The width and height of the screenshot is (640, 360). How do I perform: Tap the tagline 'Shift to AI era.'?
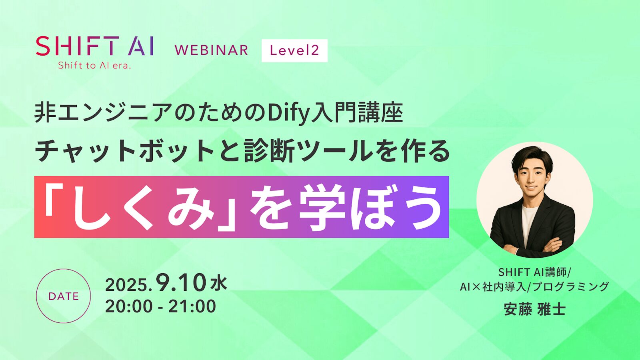pos(94,66)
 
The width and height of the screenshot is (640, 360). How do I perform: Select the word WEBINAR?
pos(211,50)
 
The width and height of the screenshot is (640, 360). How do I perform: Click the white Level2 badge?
pos(294,50)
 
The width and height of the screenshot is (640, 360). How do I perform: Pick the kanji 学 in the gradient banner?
pos(322,208)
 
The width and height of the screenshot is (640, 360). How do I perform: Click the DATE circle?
pos(63,296)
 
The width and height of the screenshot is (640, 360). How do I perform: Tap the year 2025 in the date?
pos(127,285)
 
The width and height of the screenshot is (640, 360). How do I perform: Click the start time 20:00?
pos(129,306)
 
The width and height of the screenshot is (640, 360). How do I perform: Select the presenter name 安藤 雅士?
pos(534,309)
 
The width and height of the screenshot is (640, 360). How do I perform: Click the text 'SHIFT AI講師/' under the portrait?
pos(534,272)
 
